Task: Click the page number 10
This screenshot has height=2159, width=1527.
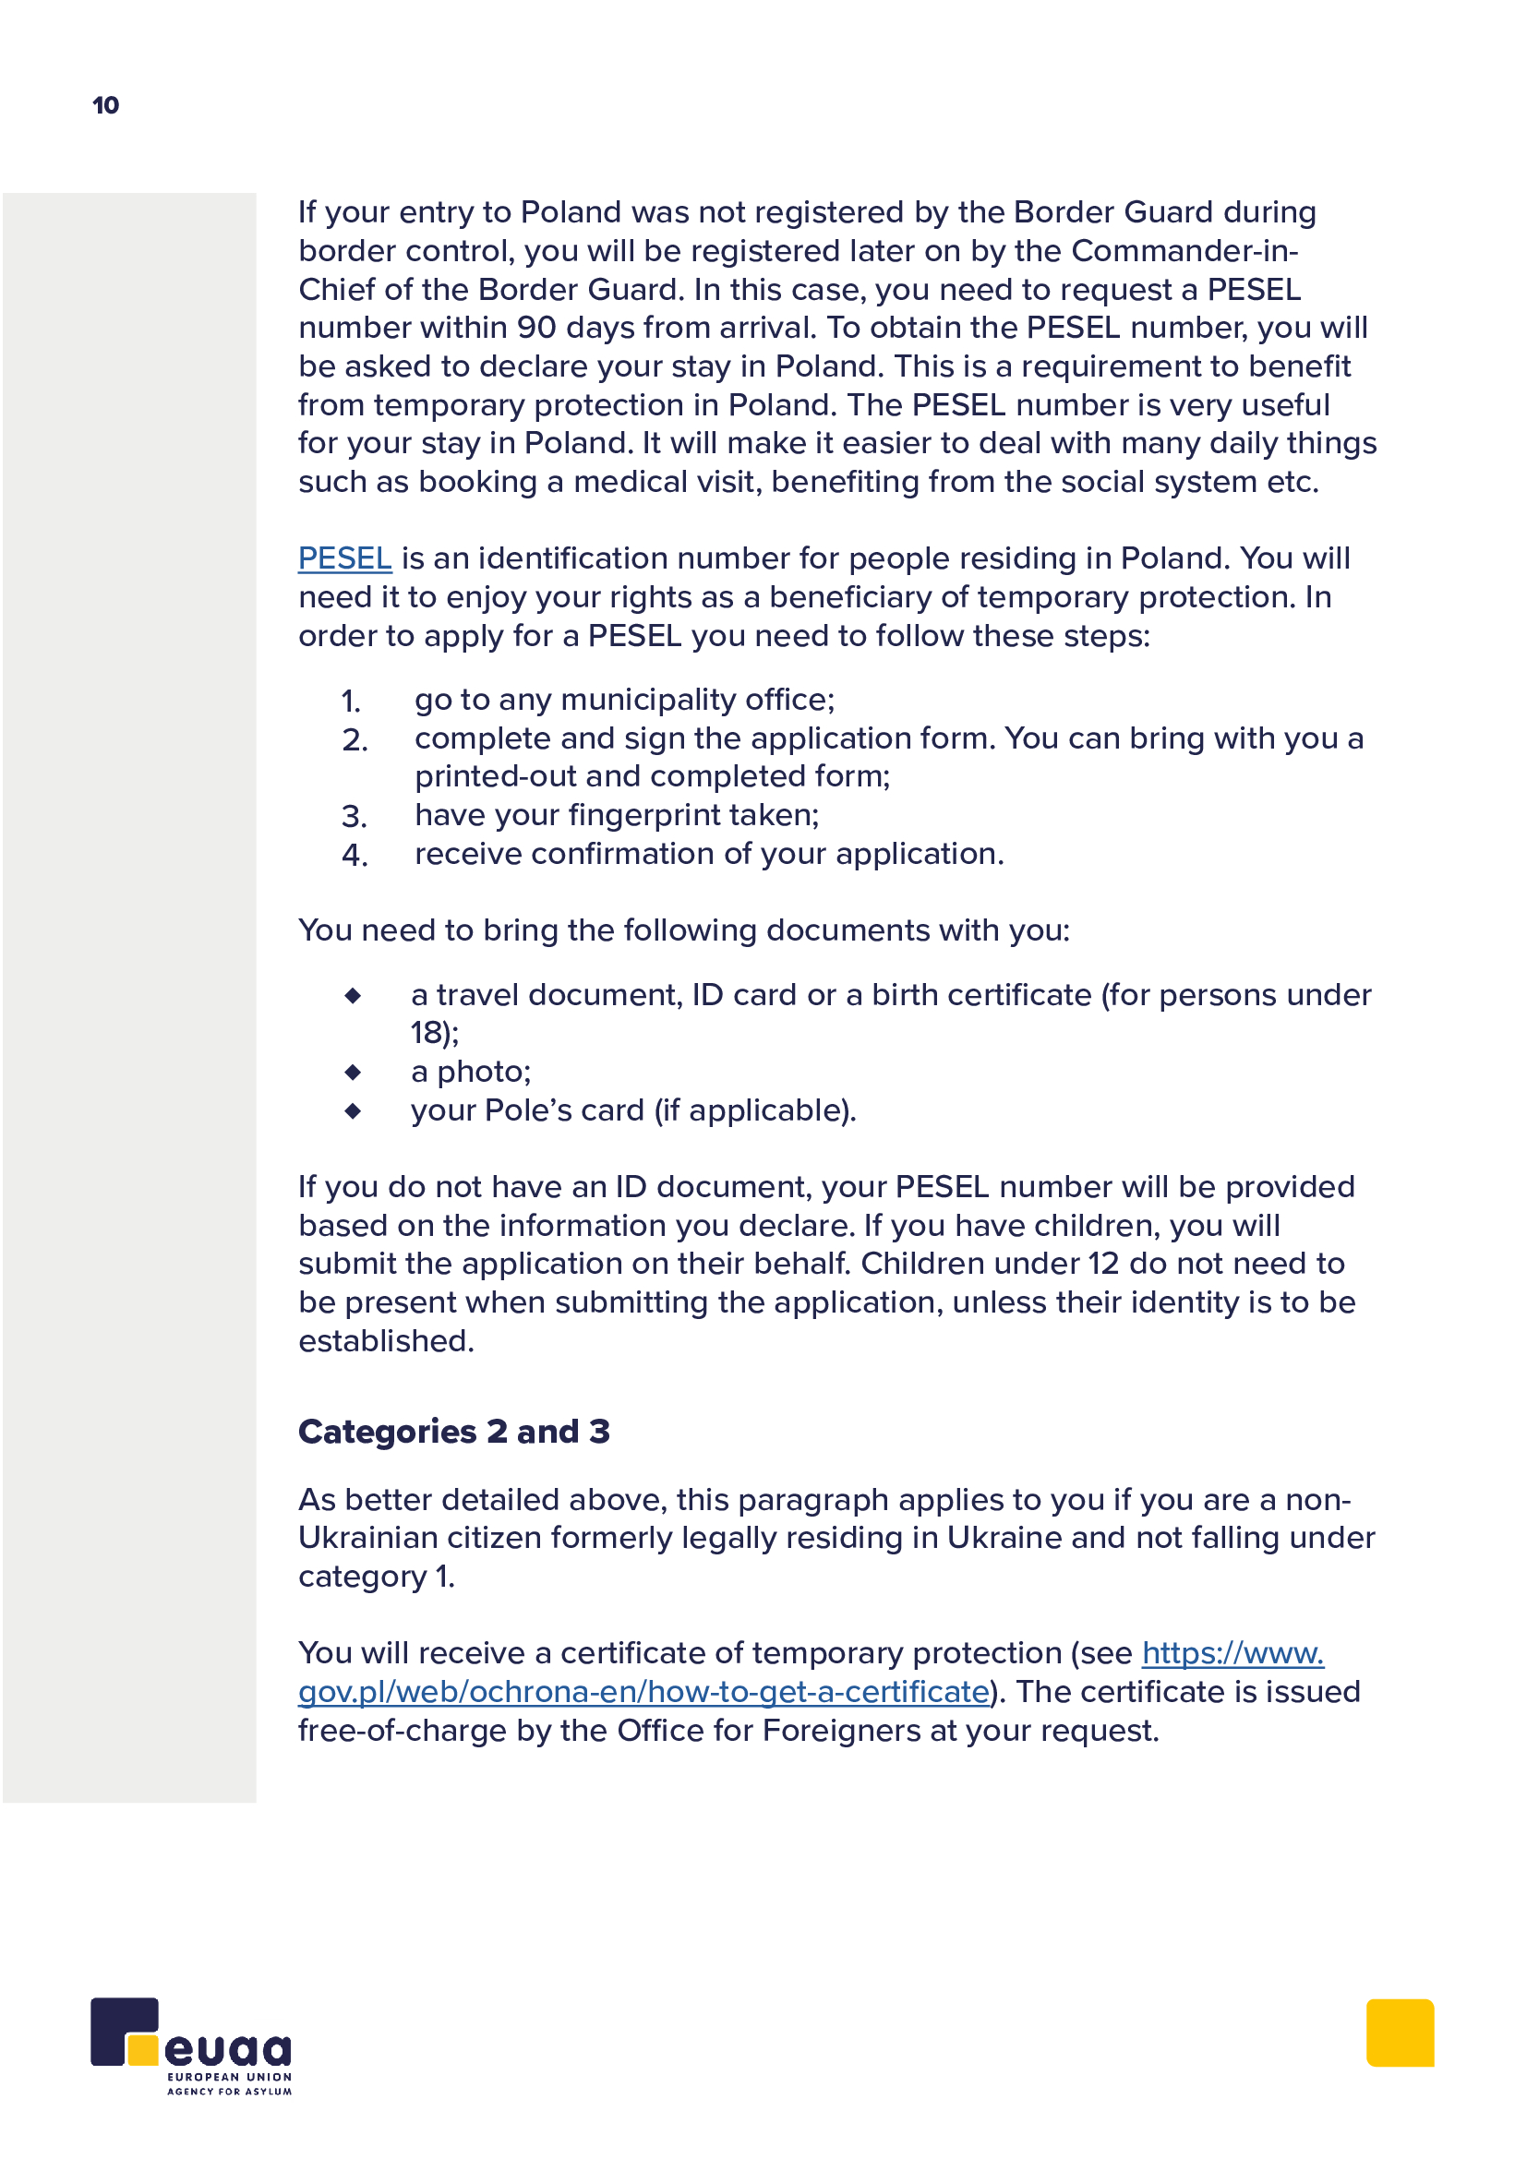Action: [105, 104]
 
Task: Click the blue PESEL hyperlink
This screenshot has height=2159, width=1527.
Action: [344, 558]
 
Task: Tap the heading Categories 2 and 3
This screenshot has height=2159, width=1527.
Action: [454, 1432]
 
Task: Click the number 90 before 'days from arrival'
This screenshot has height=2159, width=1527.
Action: [536, 328]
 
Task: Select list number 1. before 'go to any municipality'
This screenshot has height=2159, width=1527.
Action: [351, 702]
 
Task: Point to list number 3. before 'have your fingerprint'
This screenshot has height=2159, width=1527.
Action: [354, 816]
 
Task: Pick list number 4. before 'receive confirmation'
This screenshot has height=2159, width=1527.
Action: [355, 856]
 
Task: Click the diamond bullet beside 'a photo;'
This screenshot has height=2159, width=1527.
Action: [353, 1072]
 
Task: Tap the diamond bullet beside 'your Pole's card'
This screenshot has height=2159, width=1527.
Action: [353, 1111]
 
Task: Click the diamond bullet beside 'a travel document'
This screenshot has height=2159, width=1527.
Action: [353, 995]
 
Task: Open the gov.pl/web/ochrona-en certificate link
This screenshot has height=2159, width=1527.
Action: [643, 1692]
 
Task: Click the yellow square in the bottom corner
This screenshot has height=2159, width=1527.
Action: [1401, 2033]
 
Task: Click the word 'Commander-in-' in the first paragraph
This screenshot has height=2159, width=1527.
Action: [1184, 251]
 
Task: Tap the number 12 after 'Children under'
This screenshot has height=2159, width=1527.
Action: [1103, 1264]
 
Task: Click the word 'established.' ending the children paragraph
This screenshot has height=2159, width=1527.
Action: [387, 1341]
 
